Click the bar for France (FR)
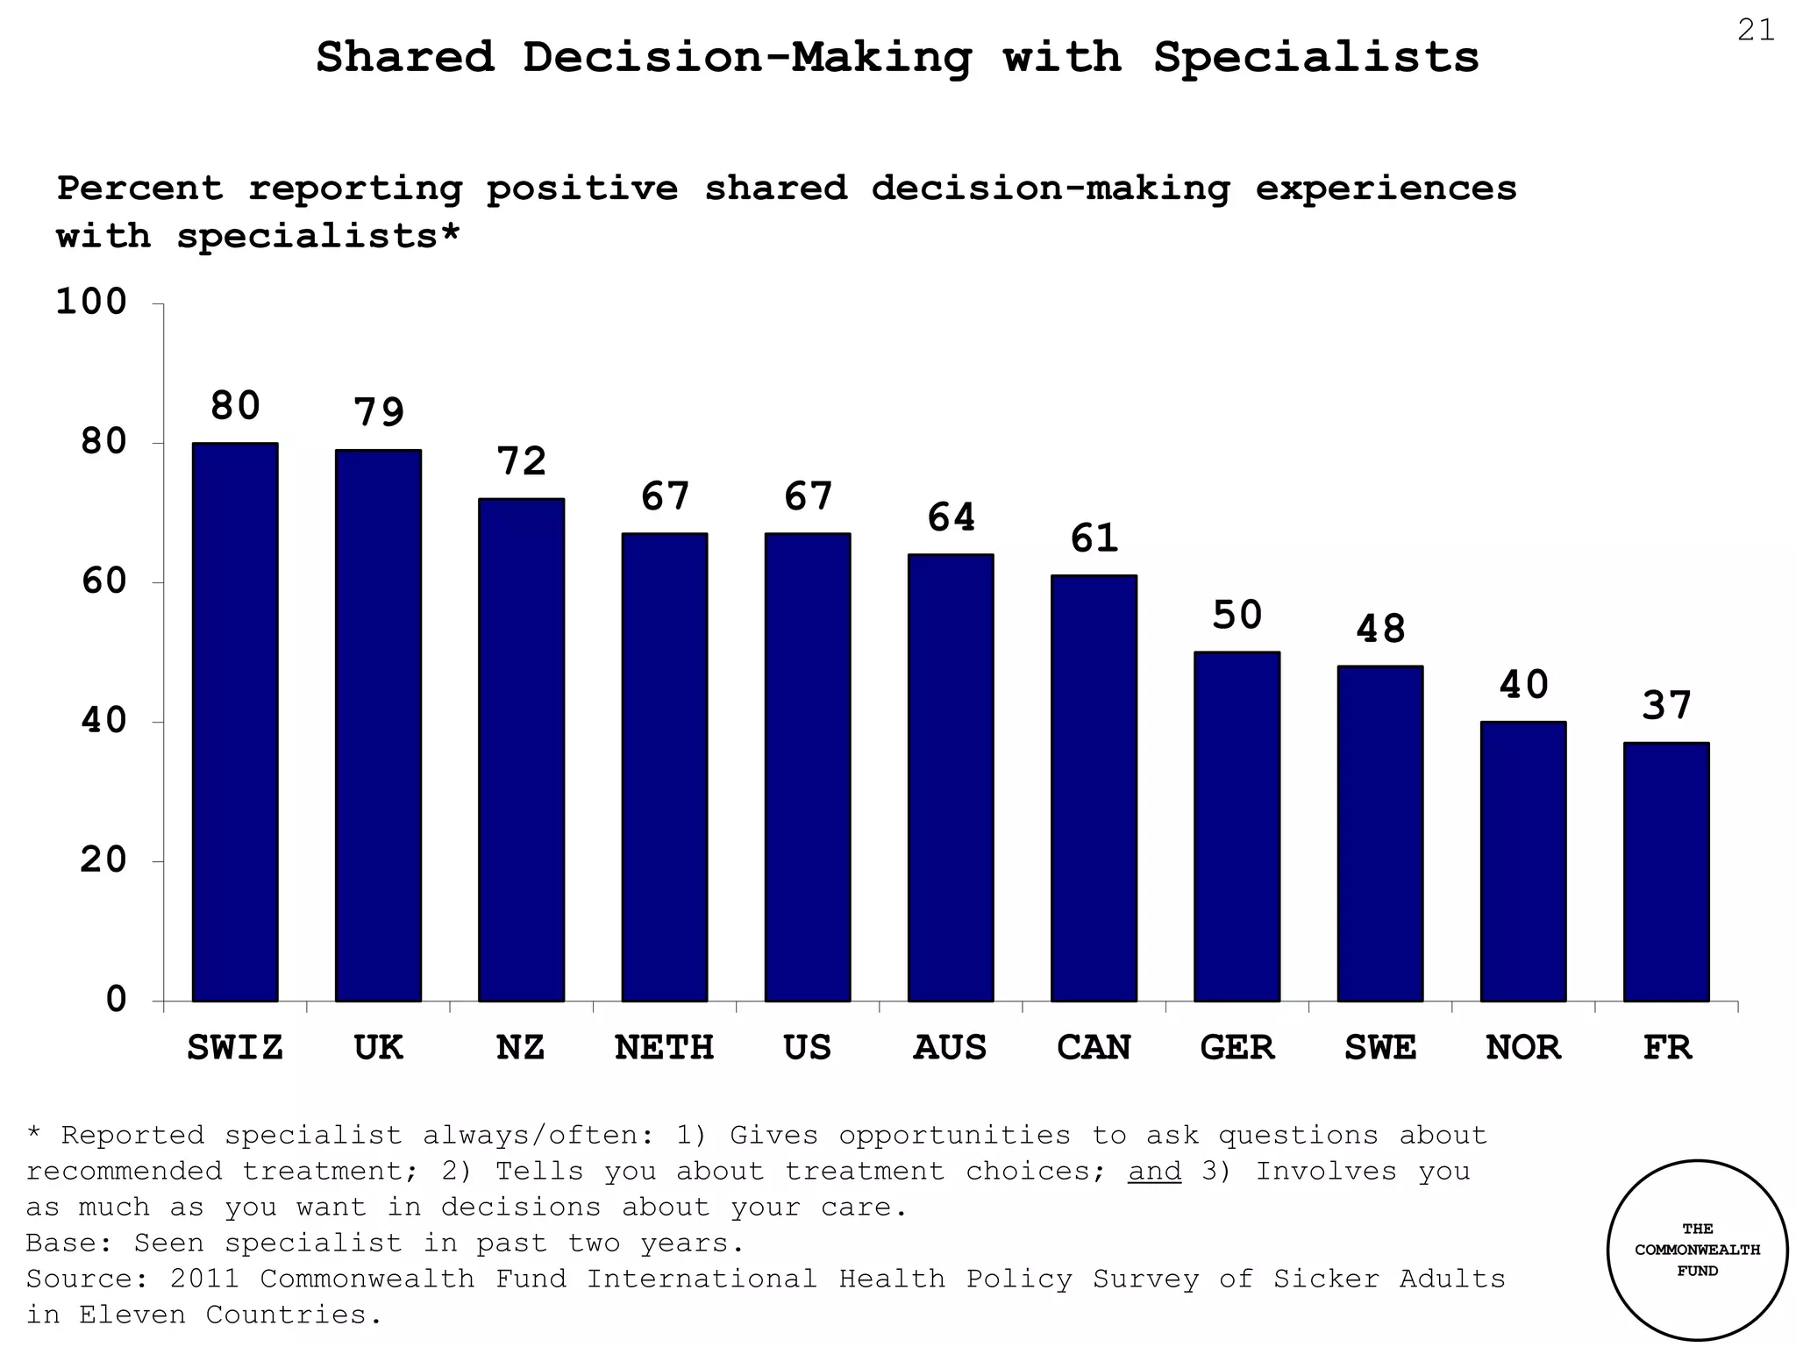(x=1666, y=872)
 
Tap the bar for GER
(x=1237, y=826)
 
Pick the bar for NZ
(x=521, y=750)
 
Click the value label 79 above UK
(x=379, y=412)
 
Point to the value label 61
(x=1094, y=538)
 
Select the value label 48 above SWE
(x=1380, y=629)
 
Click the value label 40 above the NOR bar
(x=1523, y=685)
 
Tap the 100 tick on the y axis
(x=91, y=302)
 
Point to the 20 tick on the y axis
(x=103, y=860)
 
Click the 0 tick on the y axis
(x=116, y=1000)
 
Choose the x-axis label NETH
(x=664, y=1047)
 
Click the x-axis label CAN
(x=1094, y=1047)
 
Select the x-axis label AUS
(x=950, y=1047)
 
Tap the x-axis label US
(x=807, y=1047)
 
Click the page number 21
(x=1756, y=31)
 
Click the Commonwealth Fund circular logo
(x=1697, y=1250)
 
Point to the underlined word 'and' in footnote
(x=1155, y=1172)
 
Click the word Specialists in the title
(x=1315, y=58)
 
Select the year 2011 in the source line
(x=204, y=1279)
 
